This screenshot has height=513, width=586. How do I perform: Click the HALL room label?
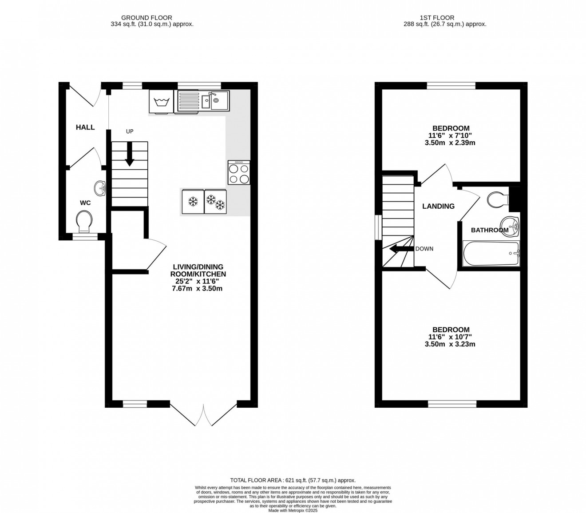coord(85,127)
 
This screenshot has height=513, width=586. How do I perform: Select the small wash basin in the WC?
coord(101,188)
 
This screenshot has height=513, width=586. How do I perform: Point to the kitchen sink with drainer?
coord(203,101)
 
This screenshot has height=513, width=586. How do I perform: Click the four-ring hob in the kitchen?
coord(239,173)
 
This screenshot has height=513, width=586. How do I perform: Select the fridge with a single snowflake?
coord(192,202)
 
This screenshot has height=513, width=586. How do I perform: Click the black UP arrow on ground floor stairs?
coord(129,154)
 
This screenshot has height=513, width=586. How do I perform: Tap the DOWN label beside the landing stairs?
coord(424,249)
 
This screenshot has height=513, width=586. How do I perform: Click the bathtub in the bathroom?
coord(491,253)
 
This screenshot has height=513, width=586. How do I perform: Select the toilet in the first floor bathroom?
coord(498,200)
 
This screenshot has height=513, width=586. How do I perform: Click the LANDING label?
coord(438,206)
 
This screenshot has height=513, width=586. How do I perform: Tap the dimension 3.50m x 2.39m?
coord(451,143)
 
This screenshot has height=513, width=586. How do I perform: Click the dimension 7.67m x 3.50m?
coord(197,289)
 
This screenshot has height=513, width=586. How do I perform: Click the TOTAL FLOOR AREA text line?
coord(293,480)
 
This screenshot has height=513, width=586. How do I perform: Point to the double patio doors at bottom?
coord(203,414)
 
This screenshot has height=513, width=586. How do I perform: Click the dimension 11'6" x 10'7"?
coord(451,337)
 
